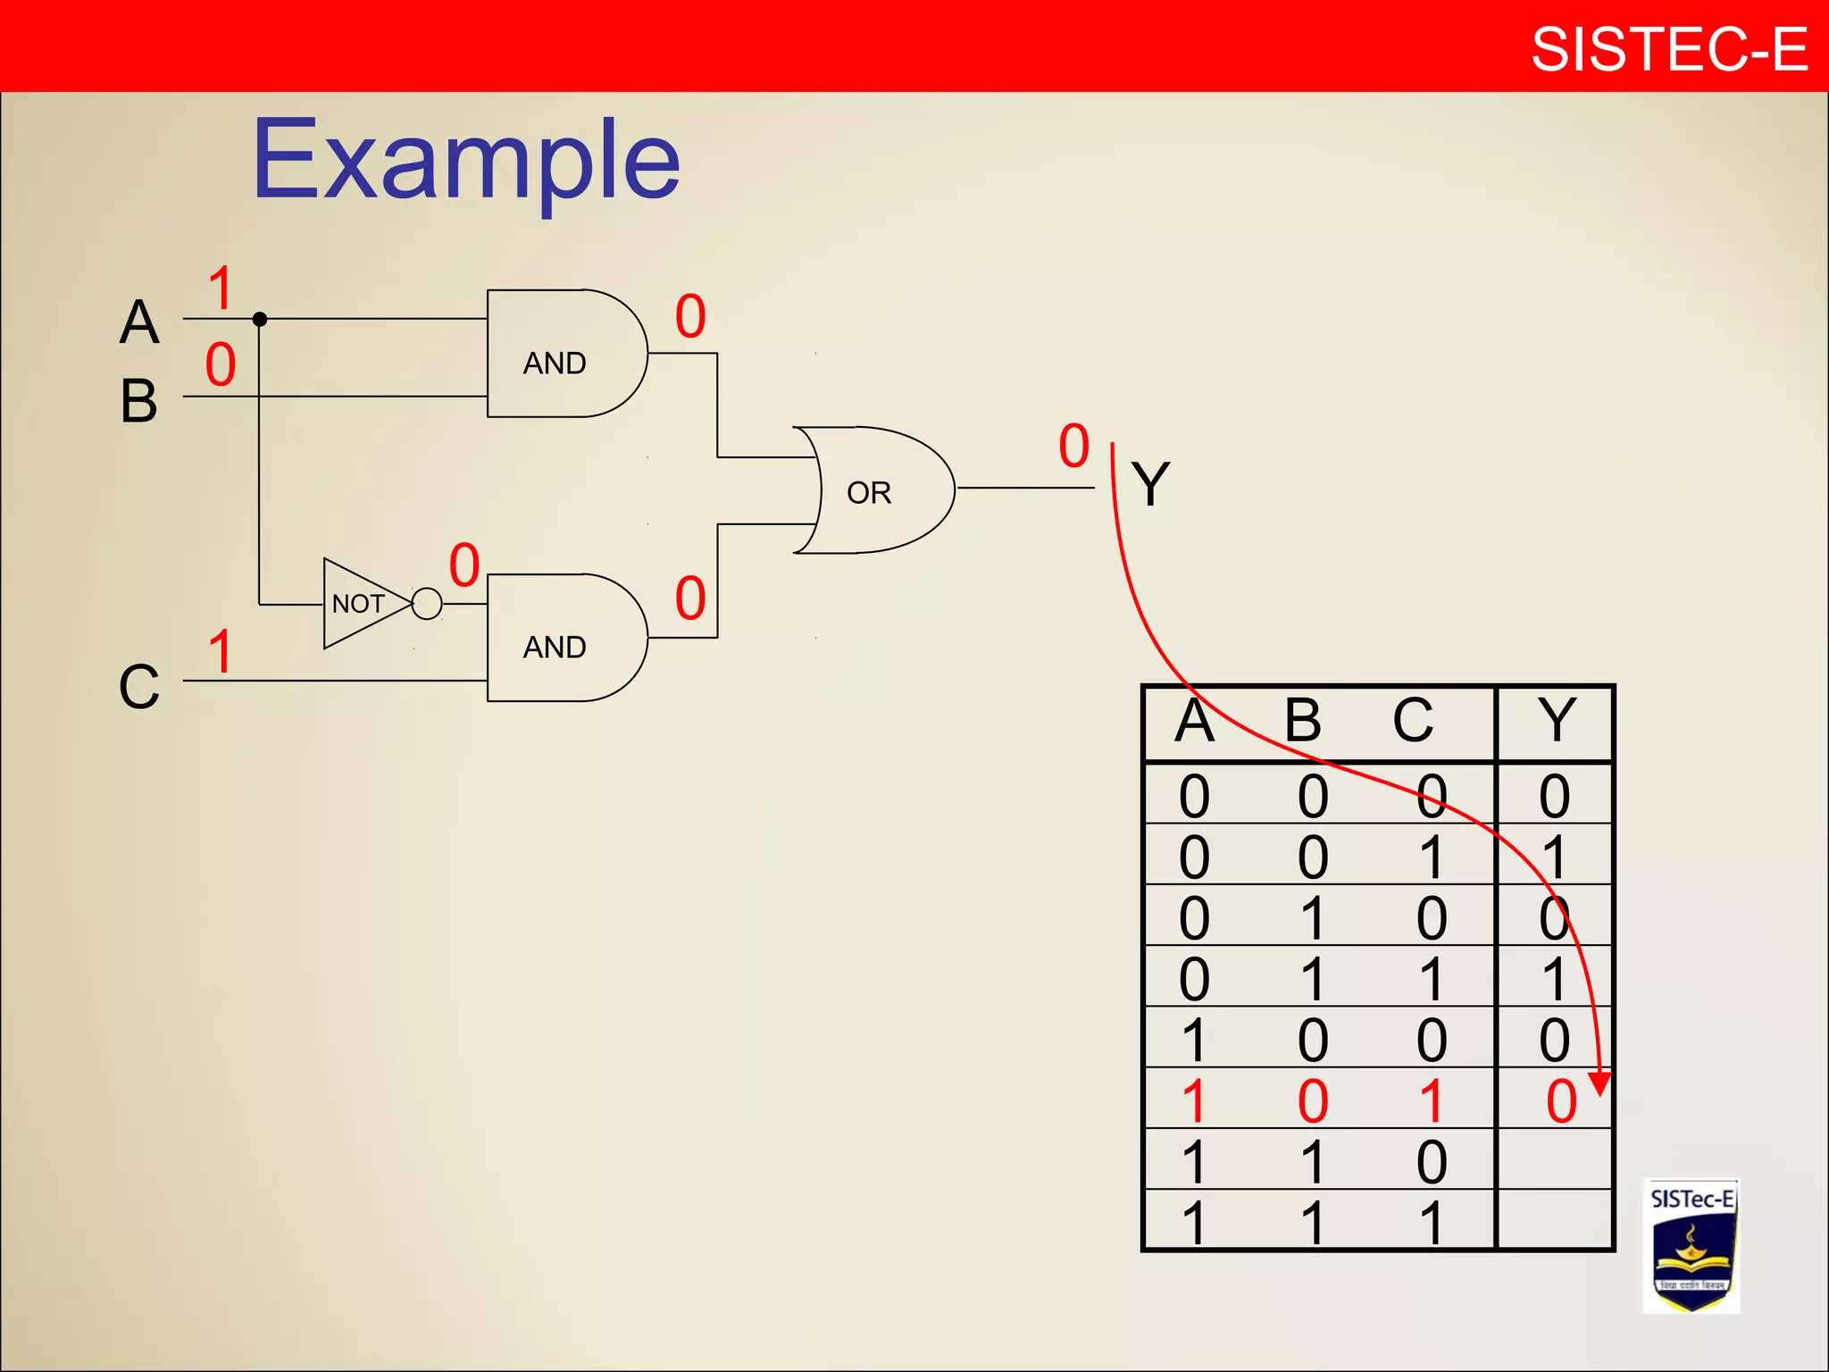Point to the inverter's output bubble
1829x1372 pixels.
tap(428, 604)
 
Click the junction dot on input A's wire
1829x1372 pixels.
tap(260, 319)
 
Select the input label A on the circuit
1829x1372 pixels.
tap(139, 322)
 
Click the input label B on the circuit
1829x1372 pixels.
tap(139, 401)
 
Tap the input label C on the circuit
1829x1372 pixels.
tap(139, 687)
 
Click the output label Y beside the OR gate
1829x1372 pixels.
tap(1150, 484)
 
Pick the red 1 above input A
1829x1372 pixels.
tap(221, 289)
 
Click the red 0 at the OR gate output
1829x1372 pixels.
tap(1074, 446)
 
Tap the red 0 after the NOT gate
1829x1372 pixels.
tap(464, 565)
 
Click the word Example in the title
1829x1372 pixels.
tap(466, 161)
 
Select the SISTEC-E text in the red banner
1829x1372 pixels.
tap(1668, 48)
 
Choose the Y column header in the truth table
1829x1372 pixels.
tap(1556, 720)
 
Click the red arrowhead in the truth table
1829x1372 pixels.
tap(1599, 1082)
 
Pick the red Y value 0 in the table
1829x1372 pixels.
tap(1561, 1101)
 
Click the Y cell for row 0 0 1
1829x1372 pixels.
tap(1555, 857)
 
